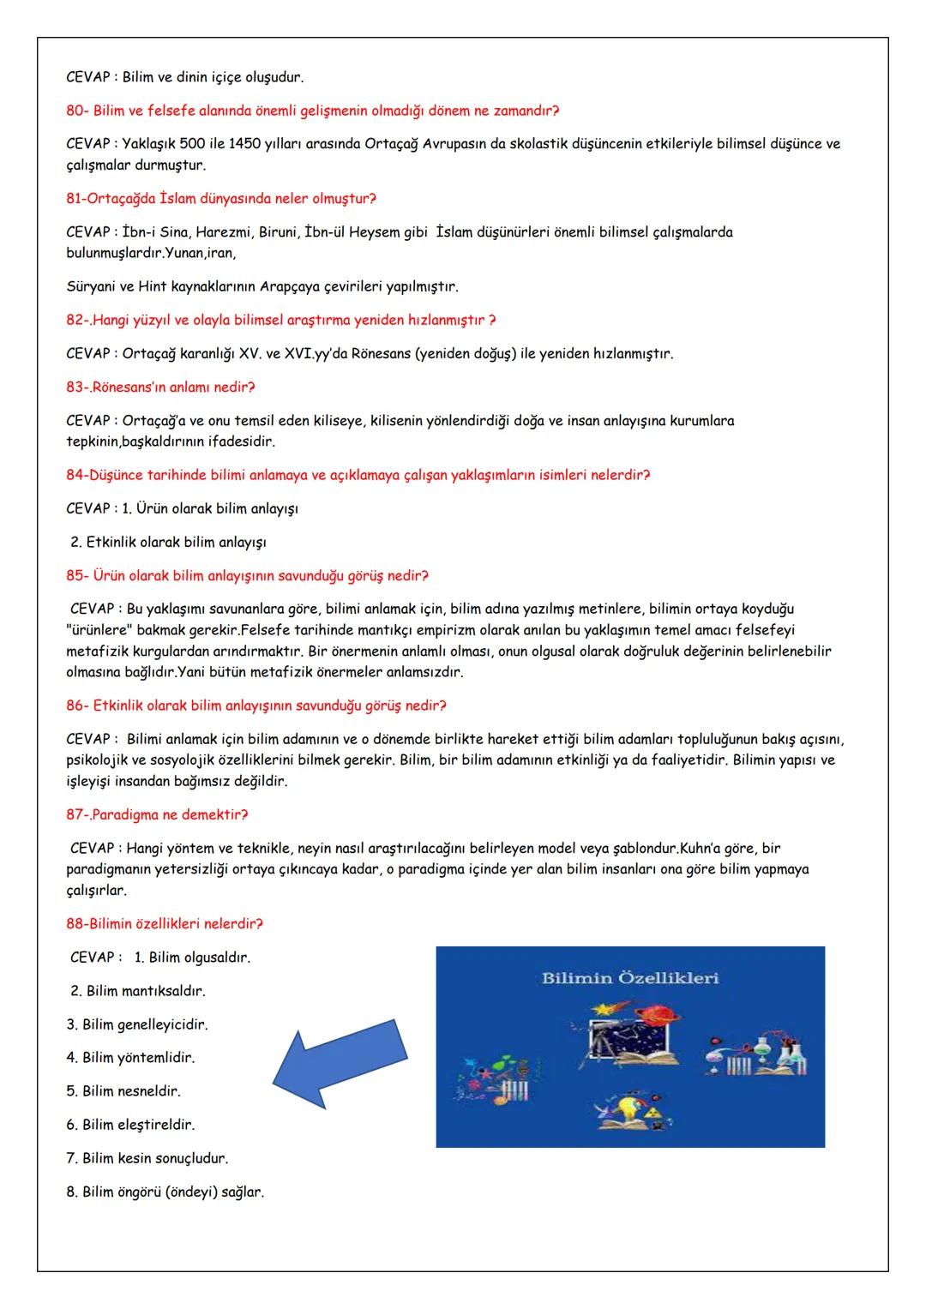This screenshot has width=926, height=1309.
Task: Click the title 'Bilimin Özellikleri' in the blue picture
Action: [629, 978]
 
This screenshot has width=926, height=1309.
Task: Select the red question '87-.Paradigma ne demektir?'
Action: [157, 814]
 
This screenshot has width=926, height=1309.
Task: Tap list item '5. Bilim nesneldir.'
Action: [123, 1091]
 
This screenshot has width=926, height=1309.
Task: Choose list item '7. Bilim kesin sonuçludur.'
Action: [147, 1158]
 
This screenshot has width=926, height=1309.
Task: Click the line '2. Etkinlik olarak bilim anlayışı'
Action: [168, 542]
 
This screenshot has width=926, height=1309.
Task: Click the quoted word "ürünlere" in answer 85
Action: [95, 630]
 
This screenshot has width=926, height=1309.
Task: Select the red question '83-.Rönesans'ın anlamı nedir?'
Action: [160, 387]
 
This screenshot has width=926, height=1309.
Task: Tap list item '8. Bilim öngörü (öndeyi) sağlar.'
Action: [165, 1192]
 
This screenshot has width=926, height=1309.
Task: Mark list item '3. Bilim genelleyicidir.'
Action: [137, 1024]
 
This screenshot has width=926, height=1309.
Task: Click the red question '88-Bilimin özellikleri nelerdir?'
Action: [165, 924]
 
